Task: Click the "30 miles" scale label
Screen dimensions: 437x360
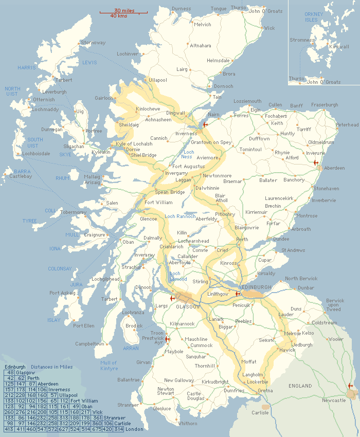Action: point(124,10)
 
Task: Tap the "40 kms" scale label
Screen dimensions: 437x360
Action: point(119,16)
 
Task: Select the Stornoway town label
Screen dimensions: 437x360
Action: point(93,43)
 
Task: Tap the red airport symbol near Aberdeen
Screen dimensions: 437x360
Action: point(316,162)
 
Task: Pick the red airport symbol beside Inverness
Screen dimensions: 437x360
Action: point(205,125)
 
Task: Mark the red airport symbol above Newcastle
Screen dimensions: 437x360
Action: point(351,386)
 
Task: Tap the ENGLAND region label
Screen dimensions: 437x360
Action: point(300,386)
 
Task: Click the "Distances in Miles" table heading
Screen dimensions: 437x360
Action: point(51,367)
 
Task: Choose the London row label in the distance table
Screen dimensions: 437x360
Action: point(134,429)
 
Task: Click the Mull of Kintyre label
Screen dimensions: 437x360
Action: point(109,366)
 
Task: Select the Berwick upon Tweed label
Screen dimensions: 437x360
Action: point(335,305)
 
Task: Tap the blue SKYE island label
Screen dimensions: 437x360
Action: point(65,154)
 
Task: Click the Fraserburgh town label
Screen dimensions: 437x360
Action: point(325,105)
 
